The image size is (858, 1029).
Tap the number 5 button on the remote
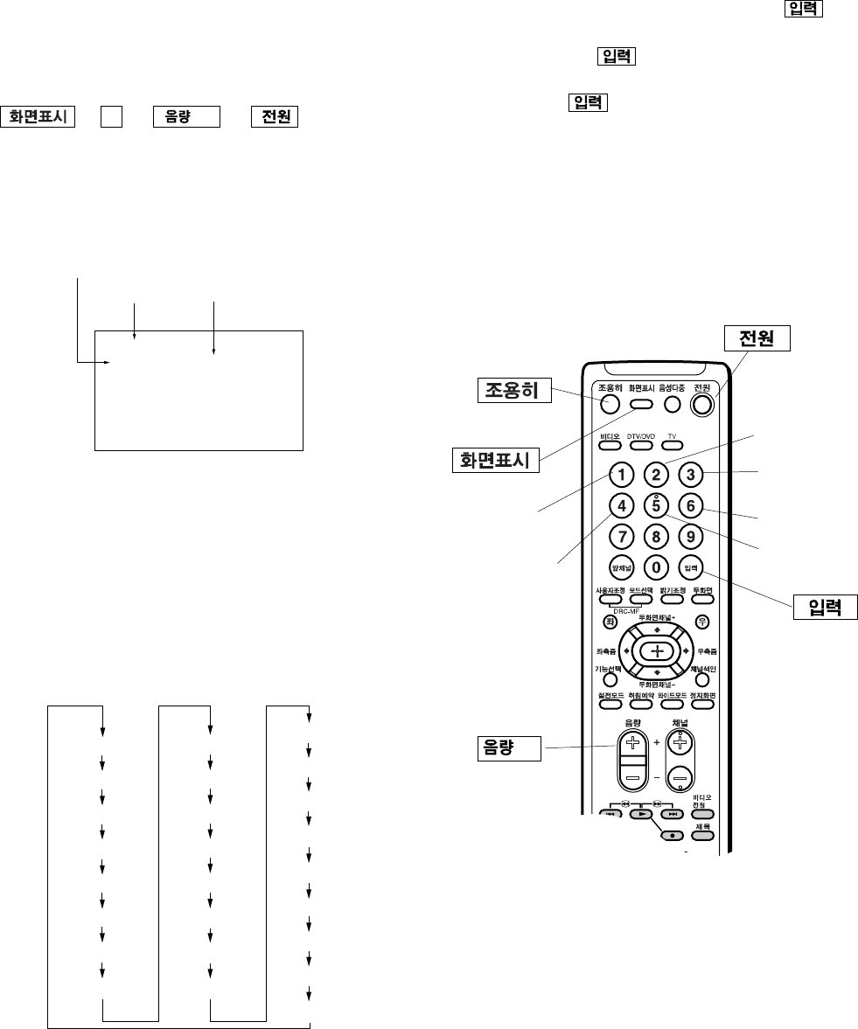tap(656, 505)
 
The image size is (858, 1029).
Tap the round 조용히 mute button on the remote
tap(610, 403)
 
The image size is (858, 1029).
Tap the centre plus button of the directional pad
tap(657, 651)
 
